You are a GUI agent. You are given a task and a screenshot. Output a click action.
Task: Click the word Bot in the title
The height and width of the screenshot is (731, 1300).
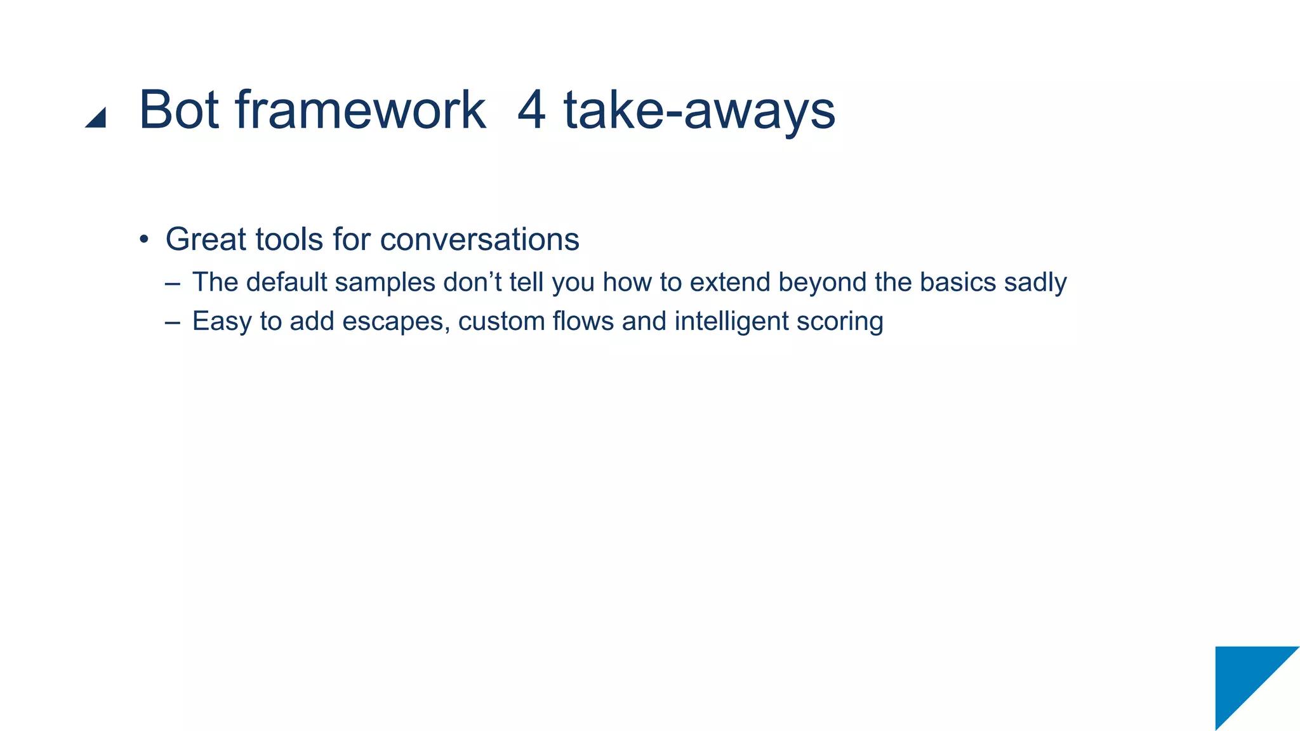pyautogui.click(x=178, y=110)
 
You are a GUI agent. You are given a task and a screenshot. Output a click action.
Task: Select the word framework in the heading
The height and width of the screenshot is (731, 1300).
pyautogui.click(x=361, y=110)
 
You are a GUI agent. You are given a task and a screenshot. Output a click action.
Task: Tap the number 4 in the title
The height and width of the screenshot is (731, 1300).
pyautogui.click(x=531, y=110)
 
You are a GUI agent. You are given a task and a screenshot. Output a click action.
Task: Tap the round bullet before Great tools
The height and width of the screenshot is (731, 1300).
pyautogui.click(x=144, y=240)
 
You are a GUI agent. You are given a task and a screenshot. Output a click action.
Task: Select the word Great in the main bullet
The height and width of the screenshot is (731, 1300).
pyautogui.click(x=206, y=239)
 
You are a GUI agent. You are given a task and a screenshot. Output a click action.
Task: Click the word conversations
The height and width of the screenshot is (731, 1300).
pyautogui.click(x=479, y=240)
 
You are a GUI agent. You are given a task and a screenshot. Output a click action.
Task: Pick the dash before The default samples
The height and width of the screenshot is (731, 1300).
pyautogui.click(x=172, y=283)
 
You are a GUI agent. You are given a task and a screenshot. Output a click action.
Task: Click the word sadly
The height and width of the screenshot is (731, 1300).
pyautogui.click(x=1035, y=283)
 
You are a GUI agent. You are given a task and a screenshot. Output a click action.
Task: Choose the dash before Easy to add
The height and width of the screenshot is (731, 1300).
pyautogui.click(x=172, y=322)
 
